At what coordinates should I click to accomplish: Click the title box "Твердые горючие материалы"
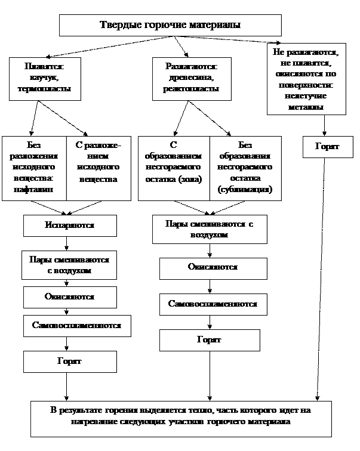pos(170,26)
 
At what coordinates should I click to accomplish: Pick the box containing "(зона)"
pos(174,168)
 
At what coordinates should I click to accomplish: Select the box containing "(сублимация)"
pos(245,168)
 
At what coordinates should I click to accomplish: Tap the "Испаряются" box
pos(69,226)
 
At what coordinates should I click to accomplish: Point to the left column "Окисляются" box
pos(69,296)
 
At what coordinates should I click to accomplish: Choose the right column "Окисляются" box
pos(212,267)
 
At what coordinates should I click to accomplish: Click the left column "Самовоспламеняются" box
pos(76,326)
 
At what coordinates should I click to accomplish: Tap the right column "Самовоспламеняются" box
pos(213,304)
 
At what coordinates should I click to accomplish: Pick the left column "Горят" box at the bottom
pos(69,362)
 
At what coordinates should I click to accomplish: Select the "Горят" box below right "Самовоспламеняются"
pos(209,340)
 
